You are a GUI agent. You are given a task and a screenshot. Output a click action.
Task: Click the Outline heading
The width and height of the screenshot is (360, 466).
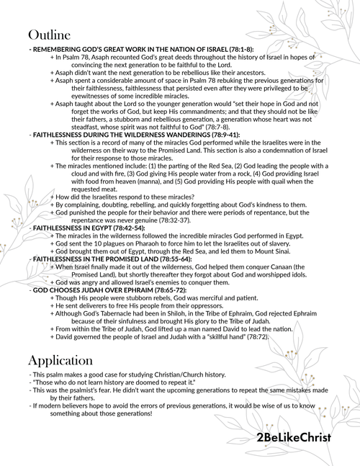49,35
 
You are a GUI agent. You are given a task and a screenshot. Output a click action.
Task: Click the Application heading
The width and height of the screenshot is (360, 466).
63,359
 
